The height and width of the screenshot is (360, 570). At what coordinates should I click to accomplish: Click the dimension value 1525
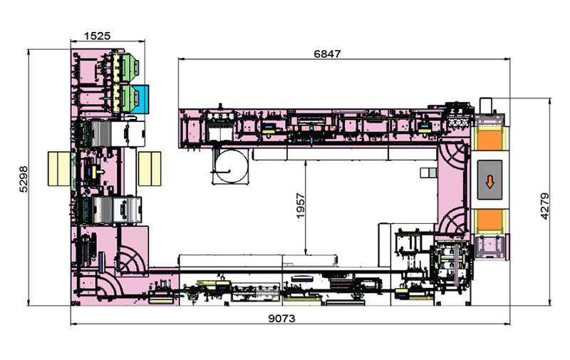pyautogui.click(x=99, y=34)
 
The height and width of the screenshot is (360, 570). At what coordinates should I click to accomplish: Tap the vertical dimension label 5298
pyautogui.click(x=24, y=177)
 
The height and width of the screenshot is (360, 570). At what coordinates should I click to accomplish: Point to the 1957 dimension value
pyautogui.click(x=300, y=207)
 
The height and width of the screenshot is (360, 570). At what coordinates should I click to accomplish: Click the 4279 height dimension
pyautogui.click(x=545, y=205)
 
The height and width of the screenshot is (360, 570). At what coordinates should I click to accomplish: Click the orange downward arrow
pyautogui.click(x=489, y=182)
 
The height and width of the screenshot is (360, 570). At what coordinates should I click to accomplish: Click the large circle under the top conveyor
pyautogui.click(x=231, y=167)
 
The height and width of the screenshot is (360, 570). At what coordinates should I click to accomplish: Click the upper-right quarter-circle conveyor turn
pyautogui.click(x=454, y=150)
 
